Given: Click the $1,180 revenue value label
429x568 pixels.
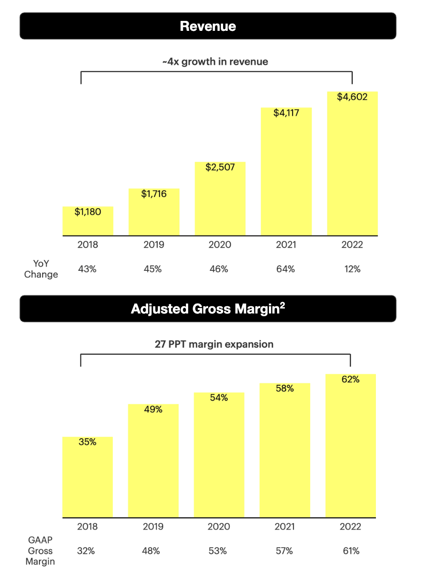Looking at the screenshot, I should (88, 212).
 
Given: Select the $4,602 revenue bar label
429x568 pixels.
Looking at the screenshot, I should (352, 97).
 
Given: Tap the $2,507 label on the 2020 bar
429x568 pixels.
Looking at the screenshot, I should (219, 167).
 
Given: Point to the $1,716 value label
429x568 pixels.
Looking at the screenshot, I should (154, 194).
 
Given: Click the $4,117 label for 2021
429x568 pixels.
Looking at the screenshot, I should (286, 113).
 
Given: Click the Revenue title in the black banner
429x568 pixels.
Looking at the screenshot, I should (208, 26).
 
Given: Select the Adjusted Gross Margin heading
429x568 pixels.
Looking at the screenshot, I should (208, 309).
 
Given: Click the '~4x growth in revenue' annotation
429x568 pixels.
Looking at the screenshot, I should (215, 62).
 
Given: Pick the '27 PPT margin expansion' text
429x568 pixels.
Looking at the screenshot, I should (214, 344).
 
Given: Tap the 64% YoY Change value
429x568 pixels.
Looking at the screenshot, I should (286, 269).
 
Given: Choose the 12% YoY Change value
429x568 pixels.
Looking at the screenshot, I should (352, 269).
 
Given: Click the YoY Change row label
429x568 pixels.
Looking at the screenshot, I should (41, 269).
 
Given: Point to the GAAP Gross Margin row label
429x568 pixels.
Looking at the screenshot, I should (41, 551).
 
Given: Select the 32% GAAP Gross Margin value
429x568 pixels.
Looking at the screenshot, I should (86, 551).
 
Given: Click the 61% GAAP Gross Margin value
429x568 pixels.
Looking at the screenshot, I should (351, 551).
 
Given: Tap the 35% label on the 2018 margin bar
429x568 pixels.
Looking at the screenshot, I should (88, 442).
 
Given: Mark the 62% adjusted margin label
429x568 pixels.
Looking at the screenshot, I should (351, 380).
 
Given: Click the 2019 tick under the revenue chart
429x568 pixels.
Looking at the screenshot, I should (154, 245).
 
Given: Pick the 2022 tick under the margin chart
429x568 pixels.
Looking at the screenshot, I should (351, 527).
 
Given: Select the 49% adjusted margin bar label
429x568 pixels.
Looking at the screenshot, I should (153, 409).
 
